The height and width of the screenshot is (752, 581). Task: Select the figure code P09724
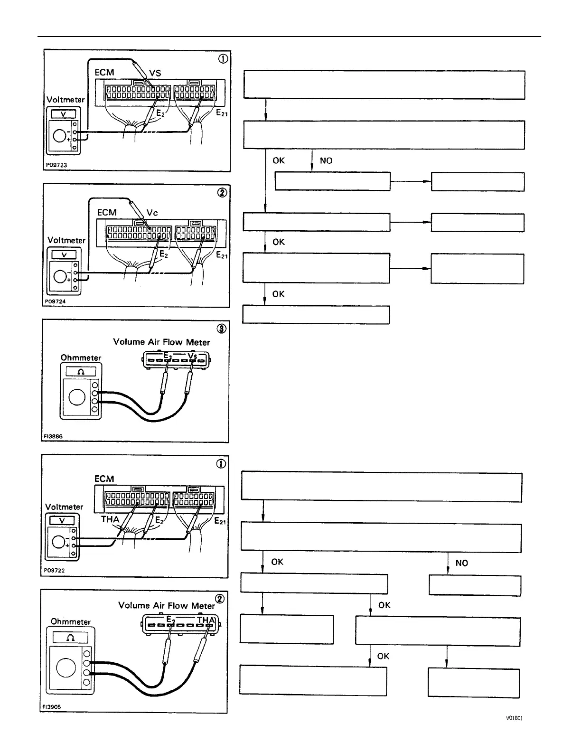coord(56,301)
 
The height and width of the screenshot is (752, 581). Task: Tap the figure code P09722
coord(55,571)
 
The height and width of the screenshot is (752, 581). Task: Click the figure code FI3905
coord(52,706)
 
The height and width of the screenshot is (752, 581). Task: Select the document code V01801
coord(515,718)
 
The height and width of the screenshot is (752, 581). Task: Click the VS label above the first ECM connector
coord(155,73)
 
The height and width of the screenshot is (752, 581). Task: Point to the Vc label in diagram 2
coord(152,213)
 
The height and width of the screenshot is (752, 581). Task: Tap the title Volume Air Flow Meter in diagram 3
coord(161,342)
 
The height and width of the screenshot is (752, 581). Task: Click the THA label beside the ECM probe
coord(110,519)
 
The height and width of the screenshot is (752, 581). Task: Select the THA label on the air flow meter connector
coord(206,620)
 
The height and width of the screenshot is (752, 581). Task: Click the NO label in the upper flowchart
coord(326,160)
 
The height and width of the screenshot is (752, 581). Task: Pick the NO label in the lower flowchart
coord(461,563)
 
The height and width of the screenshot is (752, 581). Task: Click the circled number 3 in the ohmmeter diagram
coord(221,328)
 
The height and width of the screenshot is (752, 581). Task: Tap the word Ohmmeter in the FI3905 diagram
coord(71,621)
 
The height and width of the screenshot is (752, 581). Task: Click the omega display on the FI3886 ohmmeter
coord(81,372)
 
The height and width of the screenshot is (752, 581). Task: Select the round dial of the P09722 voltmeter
coord(59,542)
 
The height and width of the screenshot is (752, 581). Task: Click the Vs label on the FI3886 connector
coord(193,356)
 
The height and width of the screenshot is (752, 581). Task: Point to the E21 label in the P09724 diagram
coord(222,255)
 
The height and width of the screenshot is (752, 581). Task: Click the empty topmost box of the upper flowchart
coord(384,85)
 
